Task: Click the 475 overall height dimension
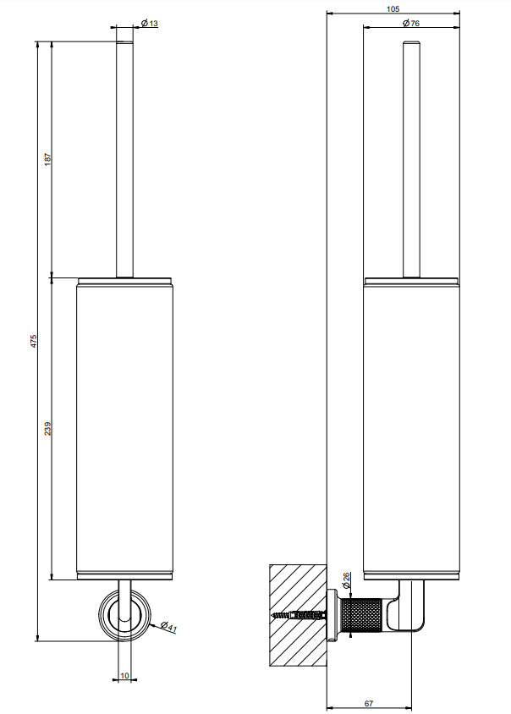[x=33, y=341]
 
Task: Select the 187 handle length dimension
[x=48, y=159]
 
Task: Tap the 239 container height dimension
[x=48, y=429]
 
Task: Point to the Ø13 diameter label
[x=150, y=23]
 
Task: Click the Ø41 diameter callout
[x=168, y=627]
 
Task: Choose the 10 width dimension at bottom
[x=125, y=676]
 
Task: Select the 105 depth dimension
[x=393, y=9]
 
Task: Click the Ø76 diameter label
[x=411, y=23]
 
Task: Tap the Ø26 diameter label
[x=347, y=579]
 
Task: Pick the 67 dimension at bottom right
[x=369, y=703]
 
